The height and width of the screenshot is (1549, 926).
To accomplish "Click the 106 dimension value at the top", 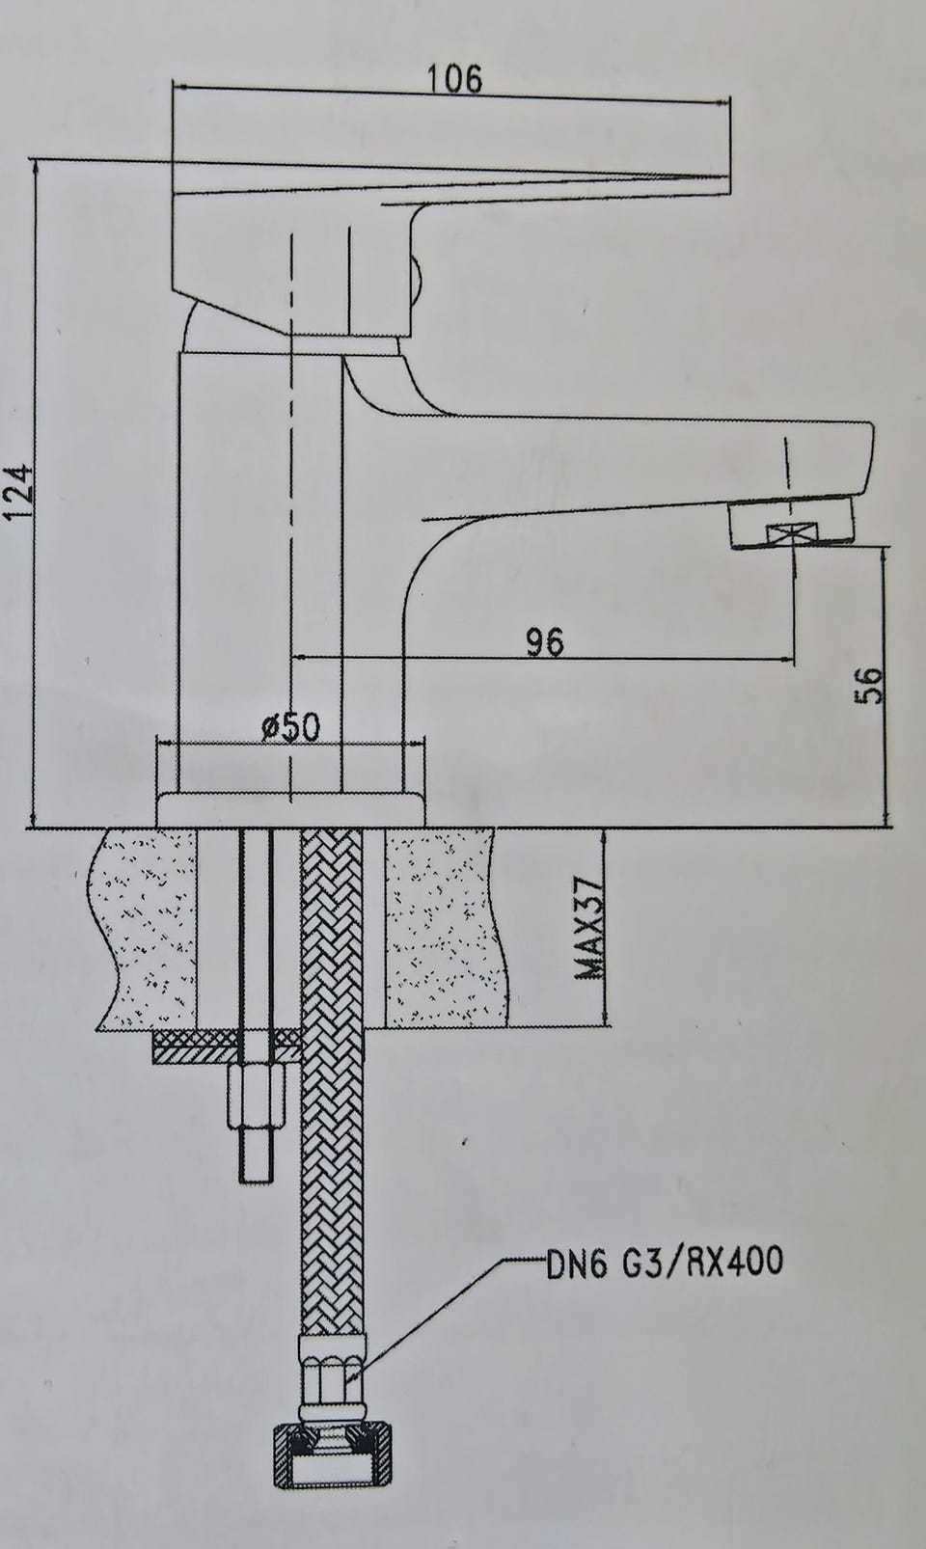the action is [x=453, y=78].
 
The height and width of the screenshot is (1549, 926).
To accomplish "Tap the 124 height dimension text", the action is [x=18, y=490].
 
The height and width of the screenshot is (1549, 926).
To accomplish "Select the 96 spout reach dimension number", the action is [x=545, y=641].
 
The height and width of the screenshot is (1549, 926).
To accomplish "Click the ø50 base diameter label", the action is [x=292, y=727].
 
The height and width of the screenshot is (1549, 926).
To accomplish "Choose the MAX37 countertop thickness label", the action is [x=589, y=929].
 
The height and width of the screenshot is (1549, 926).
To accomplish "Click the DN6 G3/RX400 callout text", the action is [x=664, y=1261].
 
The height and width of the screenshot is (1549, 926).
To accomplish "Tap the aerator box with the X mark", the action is [x=791, y=533].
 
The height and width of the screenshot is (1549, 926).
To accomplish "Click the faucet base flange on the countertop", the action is [x=290, y=809].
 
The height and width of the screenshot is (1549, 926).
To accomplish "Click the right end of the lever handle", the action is [x=729, y=137].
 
